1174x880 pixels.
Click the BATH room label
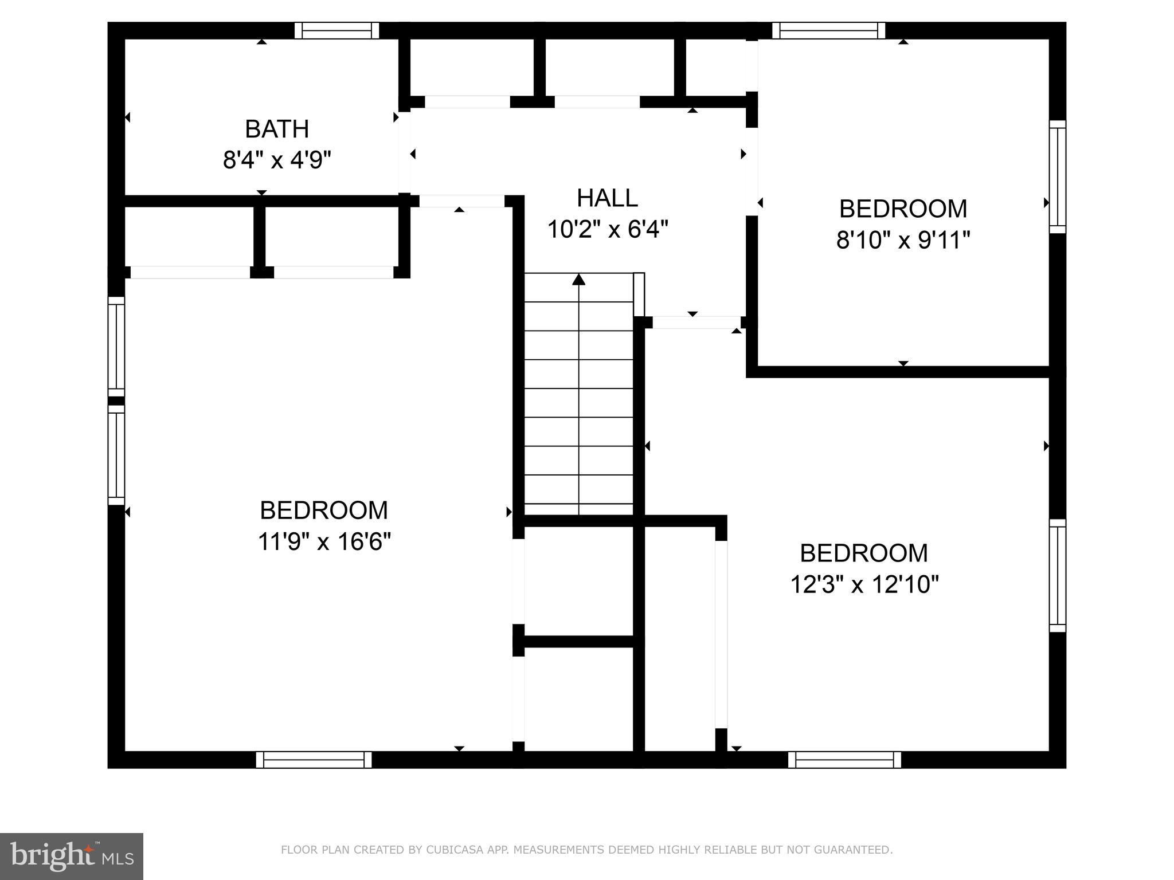coord(277,129)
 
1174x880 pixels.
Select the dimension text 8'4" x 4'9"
coord(277,160)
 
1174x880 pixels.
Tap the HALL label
coord(607,198)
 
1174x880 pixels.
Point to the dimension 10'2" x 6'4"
coord(608,230)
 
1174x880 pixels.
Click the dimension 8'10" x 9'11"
coord(903,240)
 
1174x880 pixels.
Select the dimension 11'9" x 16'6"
coord(324,541)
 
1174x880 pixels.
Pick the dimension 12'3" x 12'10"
coord(864,585)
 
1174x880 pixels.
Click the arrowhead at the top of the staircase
coord(579,280)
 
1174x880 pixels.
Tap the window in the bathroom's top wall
coord(336,30)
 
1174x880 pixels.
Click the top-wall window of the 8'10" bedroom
coord(828,30)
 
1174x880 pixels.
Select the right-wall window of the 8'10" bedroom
coord(1057,176)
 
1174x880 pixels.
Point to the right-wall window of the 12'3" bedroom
coord(1057,575)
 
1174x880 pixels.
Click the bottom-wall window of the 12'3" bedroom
coord(844,760)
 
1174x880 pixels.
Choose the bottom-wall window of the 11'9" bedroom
coord(314,760)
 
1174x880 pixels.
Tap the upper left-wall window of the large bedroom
coord(116,346)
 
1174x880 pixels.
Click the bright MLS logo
coord(71,856)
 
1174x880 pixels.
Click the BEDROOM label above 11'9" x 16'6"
coord(324,510)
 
